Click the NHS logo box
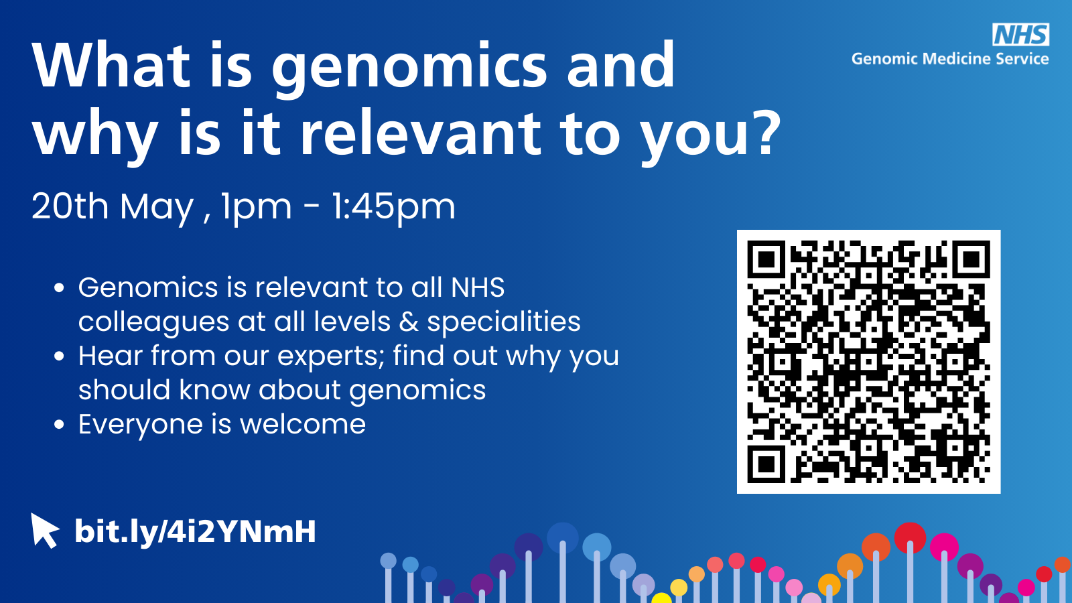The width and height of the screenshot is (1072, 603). click(1021, 34)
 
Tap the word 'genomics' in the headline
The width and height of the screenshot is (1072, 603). click(409, 68)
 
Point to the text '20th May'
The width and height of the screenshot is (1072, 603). click(113, 206)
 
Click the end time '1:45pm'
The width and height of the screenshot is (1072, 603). click(393, 207)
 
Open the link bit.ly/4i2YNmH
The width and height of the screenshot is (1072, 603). click(195, 532)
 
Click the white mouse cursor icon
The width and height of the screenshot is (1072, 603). click(44, 530)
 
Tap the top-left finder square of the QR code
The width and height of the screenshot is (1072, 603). click(766, 259)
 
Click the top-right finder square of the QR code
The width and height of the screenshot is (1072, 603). click(971, 259)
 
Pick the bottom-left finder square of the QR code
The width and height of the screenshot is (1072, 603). click(766, 464)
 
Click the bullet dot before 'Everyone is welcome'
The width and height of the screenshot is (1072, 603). click(60, 425)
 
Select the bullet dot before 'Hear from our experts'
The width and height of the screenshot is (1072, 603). click(60, 356)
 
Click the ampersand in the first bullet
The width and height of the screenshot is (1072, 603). click(409, 322)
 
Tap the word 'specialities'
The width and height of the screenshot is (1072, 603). click(504, 322)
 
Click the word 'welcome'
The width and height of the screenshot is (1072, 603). click(303, 424)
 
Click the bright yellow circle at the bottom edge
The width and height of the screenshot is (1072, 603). click(661, 598)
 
